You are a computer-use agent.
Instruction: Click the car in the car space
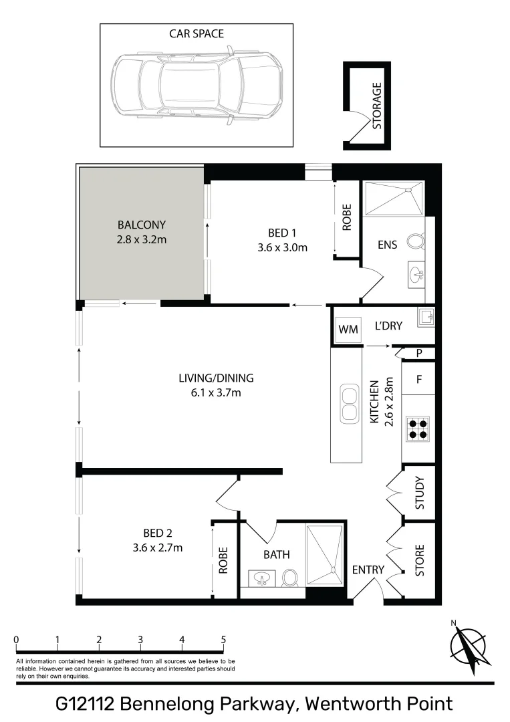tap(196, 86)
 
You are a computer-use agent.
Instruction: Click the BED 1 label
tap(281, 233)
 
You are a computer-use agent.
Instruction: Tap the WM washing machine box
tap(348, 329)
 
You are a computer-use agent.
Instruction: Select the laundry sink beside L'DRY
tap(425, 317)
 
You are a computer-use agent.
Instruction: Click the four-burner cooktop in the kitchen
tap(419, 429)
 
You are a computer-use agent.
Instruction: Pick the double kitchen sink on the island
tap(349, 403)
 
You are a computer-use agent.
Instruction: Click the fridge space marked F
tap(419, 379)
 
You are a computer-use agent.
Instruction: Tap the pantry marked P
tap(419, 353)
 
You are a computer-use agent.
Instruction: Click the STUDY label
tap(420, 493)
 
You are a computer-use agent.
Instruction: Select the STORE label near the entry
tap(420, 562)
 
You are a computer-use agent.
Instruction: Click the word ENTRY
tap(368, 570)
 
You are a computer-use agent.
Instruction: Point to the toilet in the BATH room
tap(289, 577)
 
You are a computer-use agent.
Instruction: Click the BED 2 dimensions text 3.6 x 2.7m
tap(158, 548)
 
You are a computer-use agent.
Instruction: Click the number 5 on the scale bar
tap(223, 639)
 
